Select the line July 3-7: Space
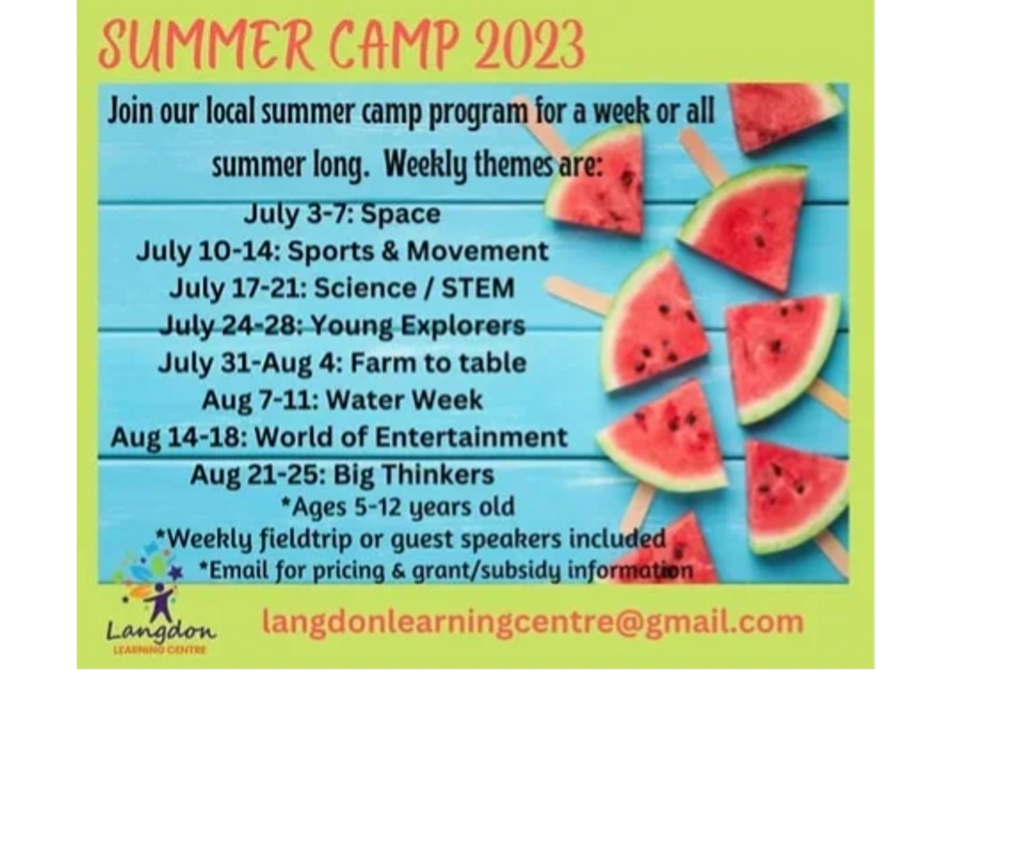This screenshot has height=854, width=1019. [x=342, y=214]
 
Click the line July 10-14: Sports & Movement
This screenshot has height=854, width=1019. [x=342, y=251]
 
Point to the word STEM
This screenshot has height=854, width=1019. [x=477, y=289]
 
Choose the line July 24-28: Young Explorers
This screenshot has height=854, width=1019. [x=342, y=325]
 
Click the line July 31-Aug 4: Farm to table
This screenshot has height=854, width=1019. [x=342, y=362]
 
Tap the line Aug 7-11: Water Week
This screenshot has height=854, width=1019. [x=342, y=400]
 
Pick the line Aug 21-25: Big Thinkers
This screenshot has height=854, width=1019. [x=342, y=475]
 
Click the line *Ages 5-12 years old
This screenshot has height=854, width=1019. [x=398, y=507]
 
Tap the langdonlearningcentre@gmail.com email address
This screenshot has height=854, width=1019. [x=533, y=621]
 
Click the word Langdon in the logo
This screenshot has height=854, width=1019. [x=160, y=631]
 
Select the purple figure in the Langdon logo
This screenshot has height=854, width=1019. [x=161, y=605]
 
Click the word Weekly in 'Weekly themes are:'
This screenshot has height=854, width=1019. [x=426, y=165]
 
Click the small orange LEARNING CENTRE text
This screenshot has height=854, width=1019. [x=160, y=650]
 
